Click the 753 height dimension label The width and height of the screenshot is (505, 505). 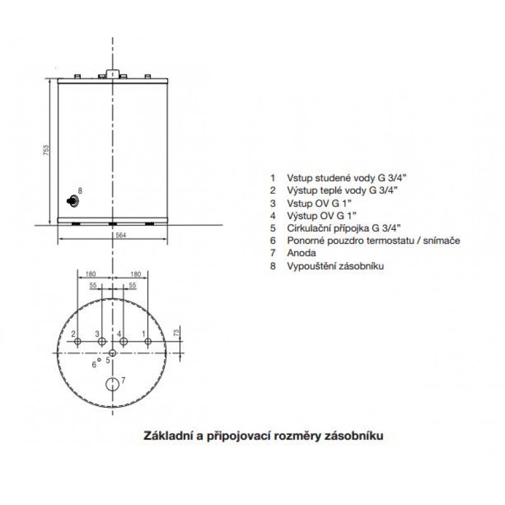[x=46, y=151]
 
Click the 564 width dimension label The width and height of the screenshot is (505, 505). [x=121, y=235]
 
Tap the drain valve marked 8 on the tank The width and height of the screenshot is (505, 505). [x=73, y=201]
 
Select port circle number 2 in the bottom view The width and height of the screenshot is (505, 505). [x=77, y=342]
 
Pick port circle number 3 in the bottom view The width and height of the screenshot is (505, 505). [x=102, y=342]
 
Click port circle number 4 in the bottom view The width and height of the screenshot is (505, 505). [x=123, y=342]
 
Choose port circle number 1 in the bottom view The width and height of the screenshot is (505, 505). [x=148, y=342]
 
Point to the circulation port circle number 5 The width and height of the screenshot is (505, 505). [x=112, y=352]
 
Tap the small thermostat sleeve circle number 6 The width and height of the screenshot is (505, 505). [x=99, y=360]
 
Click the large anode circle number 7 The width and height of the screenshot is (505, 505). [x=113, y=384]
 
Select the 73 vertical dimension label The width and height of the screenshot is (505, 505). [x=177, y=333]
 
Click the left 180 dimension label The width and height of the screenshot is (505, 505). [x=90, y=274]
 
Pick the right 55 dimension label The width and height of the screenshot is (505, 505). [x=133, y=285]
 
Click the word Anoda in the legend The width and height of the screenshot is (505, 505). [x=301, y=253]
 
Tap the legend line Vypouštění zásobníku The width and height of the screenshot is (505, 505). [x=335, y=266]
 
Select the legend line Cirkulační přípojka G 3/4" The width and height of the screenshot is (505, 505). [x=343, y=229]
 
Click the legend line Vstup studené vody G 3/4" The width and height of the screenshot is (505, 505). [x=347, y=178]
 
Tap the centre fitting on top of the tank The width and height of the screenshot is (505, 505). [x=113, y=74]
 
